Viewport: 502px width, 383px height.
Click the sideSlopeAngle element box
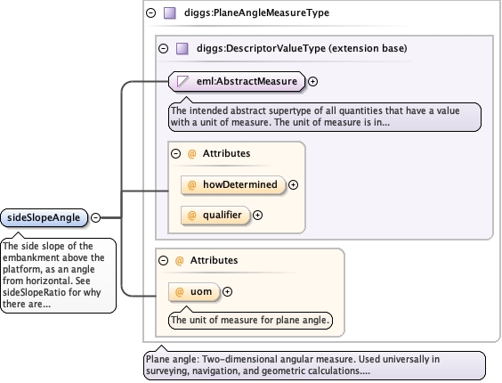[x=44, y=217]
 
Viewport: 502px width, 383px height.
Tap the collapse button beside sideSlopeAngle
[x=96, y=217]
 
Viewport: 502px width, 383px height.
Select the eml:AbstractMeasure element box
[x=237, y=81]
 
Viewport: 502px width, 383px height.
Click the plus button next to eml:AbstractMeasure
[x=312, y=81]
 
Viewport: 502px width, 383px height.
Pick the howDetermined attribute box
[x=233, y=185]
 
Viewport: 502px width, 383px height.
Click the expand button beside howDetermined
[x=293, y=185]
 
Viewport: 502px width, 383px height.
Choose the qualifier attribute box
[x=215, y=215]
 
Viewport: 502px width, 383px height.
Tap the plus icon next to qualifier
[x=258, y=215]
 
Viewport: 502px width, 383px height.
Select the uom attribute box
[x=194, y=291]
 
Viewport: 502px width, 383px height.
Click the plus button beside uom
[x=227, y=291]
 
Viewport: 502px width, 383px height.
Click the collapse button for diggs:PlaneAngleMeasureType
[x=150, y=12]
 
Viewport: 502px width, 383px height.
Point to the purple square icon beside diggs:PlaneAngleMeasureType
[x=170, y=13]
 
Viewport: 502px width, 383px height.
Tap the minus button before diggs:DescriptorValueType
[x=163, y=48]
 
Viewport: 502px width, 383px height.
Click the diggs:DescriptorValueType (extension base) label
[x=302, y=48]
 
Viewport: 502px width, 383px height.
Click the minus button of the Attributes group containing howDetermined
[x=175, y=153]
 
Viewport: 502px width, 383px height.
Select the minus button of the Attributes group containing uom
[x=163, y=260]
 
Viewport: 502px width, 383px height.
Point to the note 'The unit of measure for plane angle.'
[x=250, y=320]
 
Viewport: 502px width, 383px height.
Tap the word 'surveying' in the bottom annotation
[x=166, y=371]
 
